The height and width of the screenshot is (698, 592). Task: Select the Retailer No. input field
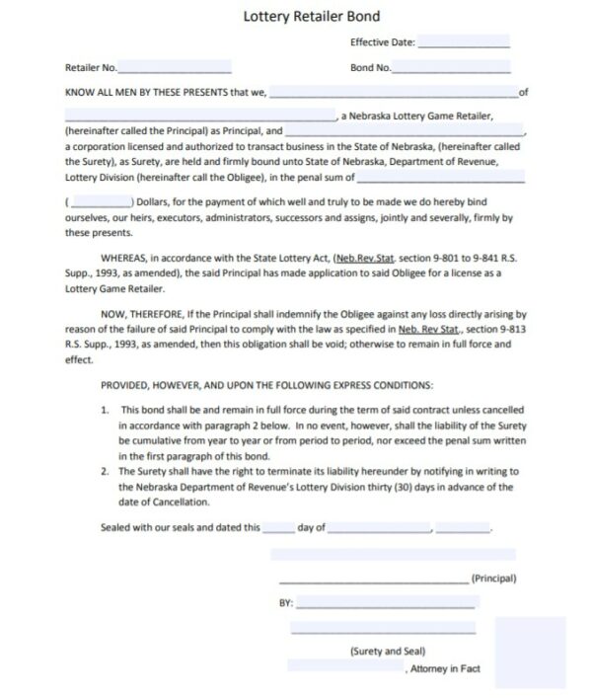point(175,67)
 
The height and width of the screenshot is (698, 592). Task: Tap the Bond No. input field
point(452,67)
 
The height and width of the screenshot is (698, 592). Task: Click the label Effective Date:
point(382,43)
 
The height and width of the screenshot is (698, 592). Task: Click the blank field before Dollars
point(101,200)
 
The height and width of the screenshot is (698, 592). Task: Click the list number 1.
point(105,409)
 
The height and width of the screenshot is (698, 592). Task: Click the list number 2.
point(105,472)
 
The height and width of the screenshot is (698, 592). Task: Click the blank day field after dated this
point(278,528)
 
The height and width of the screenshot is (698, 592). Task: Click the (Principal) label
point(493,578)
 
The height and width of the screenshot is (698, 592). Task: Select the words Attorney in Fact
point(444,668)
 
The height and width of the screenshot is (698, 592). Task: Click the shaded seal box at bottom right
point(530,653)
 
